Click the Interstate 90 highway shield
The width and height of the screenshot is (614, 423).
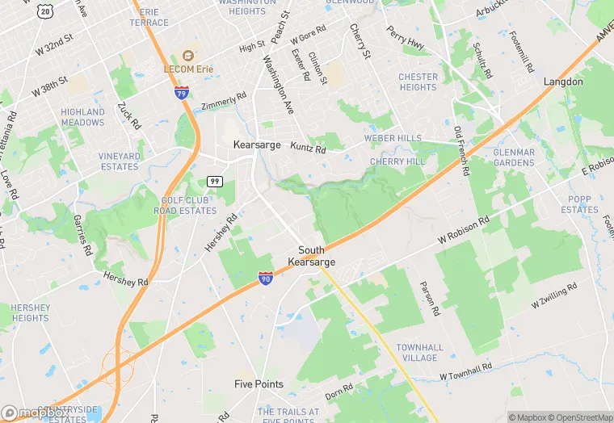pos(266,278)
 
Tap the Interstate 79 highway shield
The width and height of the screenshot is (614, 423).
pos(182,93)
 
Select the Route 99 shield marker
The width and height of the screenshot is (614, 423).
pos(214,181)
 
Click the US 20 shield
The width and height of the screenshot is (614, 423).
pos(45,10)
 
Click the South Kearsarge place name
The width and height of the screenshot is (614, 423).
pos(311,256)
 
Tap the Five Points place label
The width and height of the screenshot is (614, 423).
pos(259,384)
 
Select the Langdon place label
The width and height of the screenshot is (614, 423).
pos(563,82)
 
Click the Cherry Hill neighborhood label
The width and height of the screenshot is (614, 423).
pos(397,161)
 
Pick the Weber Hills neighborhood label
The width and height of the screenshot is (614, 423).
pos(393,138)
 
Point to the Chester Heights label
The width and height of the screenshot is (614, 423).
pos(418,82)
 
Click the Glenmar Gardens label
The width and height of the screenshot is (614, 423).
pos(514,157)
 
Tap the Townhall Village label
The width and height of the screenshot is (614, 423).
pos(419,352)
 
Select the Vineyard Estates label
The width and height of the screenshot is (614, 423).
pos(119,161)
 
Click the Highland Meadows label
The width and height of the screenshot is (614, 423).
pos(82,117)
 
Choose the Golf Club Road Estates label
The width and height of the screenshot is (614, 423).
pos(189,205)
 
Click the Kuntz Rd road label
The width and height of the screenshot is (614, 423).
pos(308,149)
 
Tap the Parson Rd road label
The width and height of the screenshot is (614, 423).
pos(429,298)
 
